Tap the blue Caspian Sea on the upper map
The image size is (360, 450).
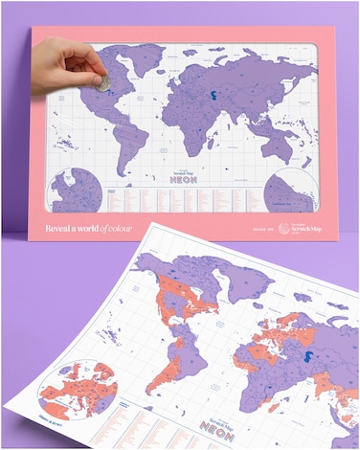pyautogui.click(x=209, y=94)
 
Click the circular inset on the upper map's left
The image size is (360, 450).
pyautogui.click(x=78, y=190)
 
